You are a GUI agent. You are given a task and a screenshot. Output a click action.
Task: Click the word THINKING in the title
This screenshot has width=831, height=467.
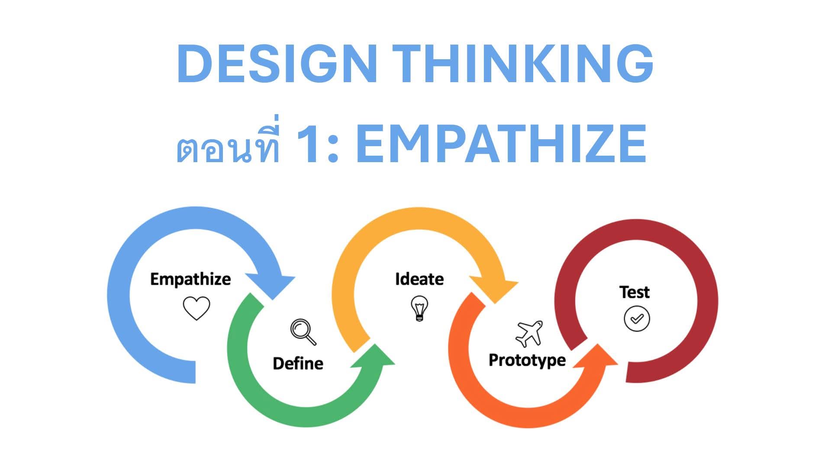[x=524, y=64]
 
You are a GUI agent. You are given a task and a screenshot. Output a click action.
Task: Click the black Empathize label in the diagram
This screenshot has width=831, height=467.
[x=190, y=279]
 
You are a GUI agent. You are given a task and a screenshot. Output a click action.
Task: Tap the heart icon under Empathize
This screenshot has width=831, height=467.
[x=196, y=307]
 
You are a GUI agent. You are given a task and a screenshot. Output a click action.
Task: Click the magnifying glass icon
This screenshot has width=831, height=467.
[x=303, y=332]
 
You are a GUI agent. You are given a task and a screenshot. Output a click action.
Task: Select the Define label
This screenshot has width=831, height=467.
[x=298, y=363]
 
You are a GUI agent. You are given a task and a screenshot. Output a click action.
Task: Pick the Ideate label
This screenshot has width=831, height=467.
[x=419, y=279]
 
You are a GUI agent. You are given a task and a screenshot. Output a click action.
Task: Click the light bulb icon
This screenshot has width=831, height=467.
[x=419, y=308]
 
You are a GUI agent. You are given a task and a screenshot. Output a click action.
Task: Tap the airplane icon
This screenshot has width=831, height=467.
[x=529, y=333]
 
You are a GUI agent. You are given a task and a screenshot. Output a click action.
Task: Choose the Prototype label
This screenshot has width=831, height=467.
[x=527, y=360]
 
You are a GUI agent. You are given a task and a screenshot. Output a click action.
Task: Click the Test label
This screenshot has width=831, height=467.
[x=634, y=292]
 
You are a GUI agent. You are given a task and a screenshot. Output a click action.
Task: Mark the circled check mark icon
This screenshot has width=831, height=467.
[x=636, y=319]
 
